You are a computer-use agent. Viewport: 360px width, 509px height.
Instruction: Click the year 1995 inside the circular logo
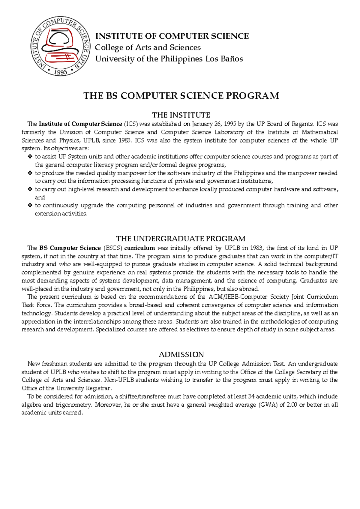61,72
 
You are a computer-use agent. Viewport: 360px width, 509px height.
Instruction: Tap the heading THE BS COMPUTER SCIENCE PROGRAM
181,96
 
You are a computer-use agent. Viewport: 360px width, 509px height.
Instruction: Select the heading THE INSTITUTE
181,115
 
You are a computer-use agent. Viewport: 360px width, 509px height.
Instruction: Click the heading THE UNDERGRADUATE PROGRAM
181,239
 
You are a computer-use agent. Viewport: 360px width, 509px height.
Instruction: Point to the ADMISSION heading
181,354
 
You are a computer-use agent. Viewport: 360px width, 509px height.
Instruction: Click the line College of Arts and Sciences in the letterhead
148,47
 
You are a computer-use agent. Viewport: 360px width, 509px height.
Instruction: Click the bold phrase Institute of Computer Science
80,124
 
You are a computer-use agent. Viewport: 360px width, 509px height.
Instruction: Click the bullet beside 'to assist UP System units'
30,156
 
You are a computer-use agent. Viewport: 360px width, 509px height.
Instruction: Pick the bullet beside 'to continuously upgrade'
30,205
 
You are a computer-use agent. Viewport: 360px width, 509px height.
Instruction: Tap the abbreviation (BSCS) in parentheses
112,248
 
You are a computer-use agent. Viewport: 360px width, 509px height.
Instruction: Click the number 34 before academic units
252,396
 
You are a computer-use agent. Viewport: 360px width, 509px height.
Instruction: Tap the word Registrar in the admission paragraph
99,388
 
